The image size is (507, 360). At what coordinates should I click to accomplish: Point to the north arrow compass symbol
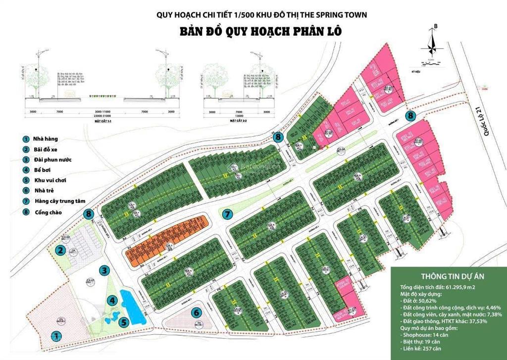pyautogui.click(x=432, y=42)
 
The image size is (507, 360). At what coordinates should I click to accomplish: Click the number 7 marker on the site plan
pyautogui.click(x=227, y=214)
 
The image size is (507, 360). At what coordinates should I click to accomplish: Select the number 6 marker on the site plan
pyautogui.click(x=197, y=312)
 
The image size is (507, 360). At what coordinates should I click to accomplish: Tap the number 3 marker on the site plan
pyautogui.click(x=104, y=270)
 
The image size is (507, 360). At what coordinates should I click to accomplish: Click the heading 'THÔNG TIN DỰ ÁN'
pyautogui.click(x=448, y=277)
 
